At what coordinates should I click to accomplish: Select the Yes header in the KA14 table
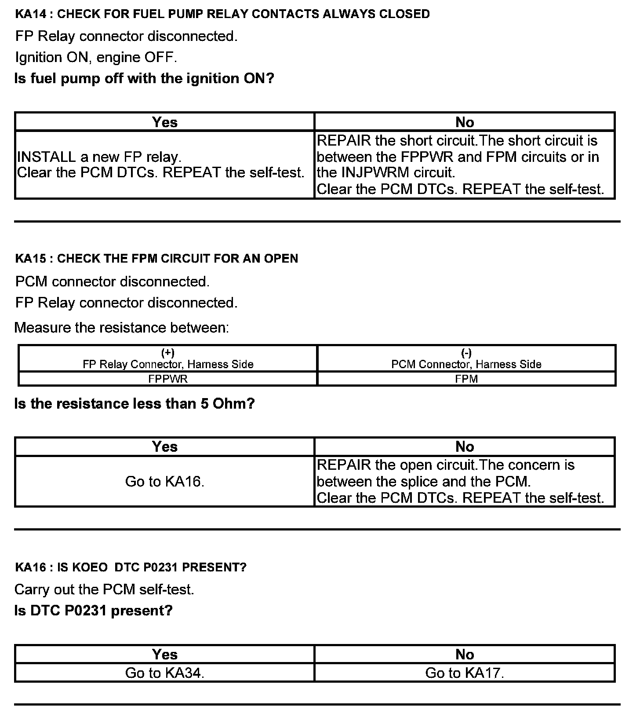(165, 122)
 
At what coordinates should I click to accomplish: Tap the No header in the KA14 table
(465, 122)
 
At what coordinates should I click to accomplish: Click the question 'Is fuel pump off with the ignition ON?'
(144, 79)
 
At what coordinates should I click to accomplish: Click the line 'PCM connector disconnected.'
(112, 282)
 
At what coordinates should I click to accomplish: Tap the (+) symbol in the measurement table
(168, 353)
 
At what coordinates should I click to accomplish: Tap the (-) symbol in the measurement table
(466, 353)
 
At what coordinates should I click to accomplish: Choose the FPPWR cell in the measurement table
(168, 379)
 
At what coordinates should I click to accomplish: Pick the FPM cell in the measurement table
(466, 379)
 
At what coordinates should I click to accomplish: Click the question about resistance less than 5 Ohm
(135, 404)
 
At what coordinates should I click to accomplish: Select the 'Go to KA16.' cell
(165, 482)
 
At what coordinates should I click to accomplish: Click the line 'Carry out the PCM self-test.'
(104, 589)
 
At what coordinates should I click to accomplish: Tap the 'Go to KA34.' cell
(165, 673)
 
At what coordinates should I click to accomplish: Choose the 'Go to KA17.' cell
(465, 673)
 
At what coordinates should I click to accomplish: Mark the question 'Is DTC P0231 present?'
(93, 611)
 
